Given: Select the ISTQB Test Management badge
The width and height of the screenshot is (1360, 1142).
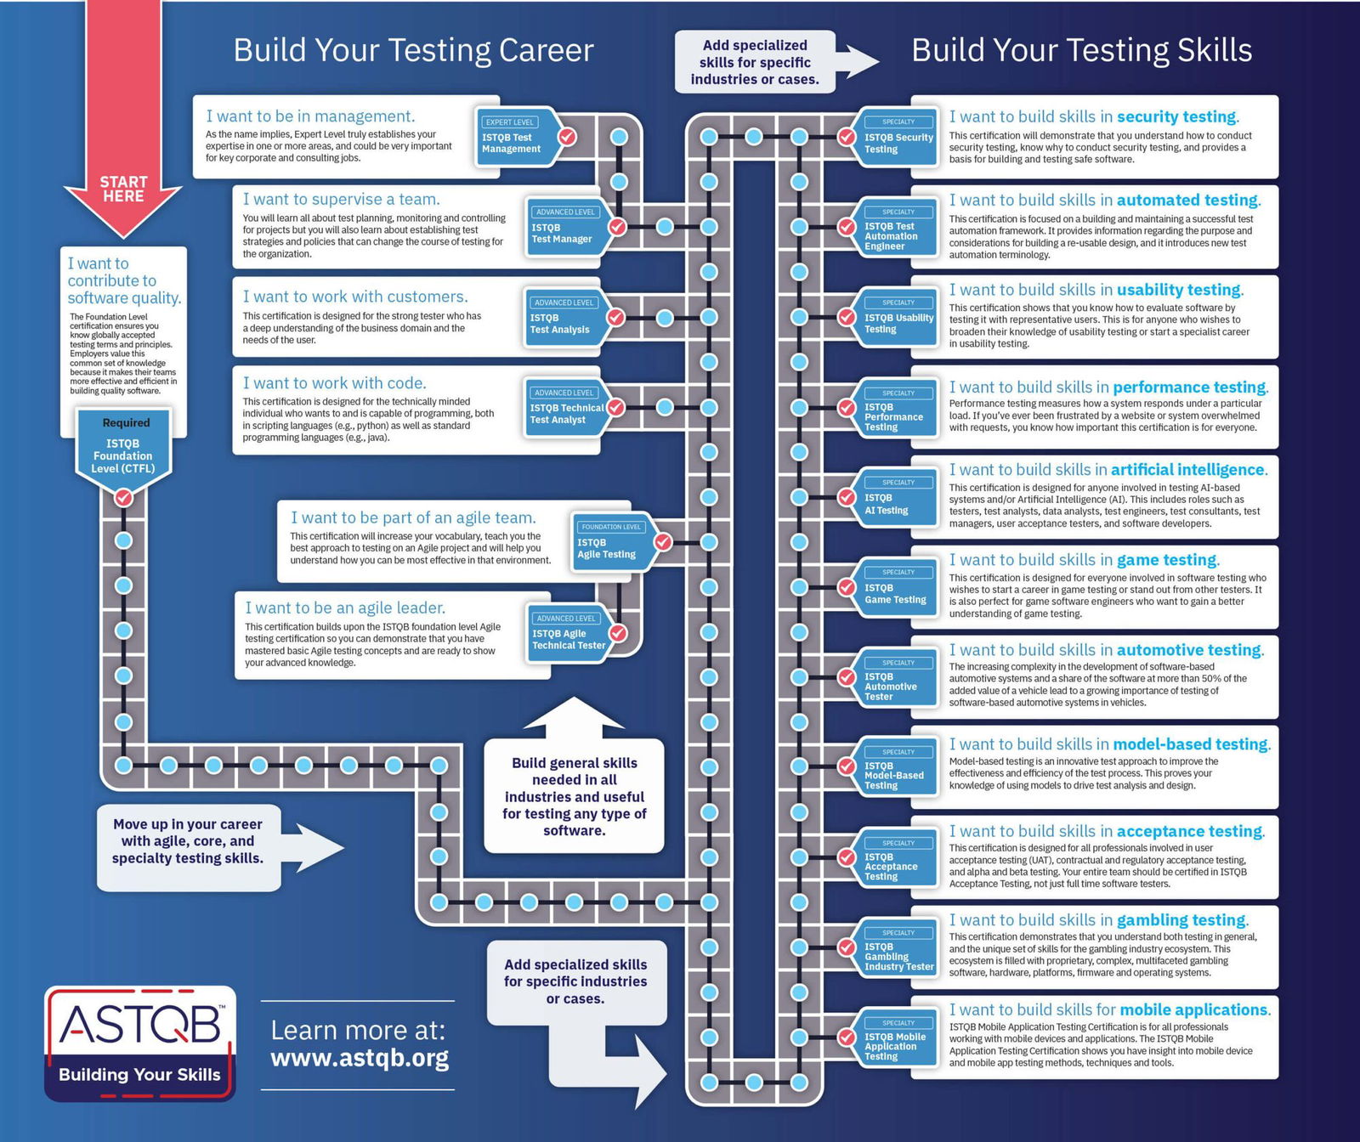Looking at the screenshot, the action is [x=518, y=136].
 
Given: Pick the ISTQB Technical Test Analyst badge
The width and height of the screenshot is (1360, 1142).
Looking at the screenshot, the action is [x=566, y=407].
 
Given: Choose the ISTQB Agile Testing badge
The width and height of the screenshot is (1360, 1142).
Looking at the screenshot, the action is [x=614, y=541].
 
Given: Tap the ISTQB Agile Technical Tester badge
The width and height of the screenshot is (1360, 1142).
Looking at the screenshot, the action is [x=569, y=633].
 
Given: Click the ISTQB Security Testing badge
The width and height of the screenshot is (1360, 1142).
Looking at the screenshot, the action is [x=898, y=136].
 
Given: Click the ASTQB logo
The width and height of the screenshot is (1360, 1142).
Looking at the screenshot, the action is [x=140, y=1043].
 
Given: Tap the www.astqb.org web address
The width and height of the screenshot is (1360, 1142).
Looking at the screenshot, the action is [x=360, y=1059].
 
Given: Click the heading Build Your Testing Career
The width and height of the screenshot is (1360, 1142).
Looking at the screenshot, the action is [x=413, y=50].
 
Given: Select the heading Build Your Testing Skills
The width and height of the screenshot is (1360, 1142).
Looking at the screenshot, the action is [x=1082, y=50].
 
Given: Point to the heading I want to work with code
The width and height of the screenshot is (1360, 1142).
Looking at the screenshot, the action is [x=335, y=383].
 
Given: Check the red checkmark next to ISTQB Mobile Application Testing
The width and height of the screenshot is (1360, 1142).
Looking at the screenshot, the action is [x=847, y=1037].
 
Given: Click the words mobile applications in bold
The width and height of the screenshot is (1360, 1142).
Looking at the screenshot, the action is [x=1194, y=1009].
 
